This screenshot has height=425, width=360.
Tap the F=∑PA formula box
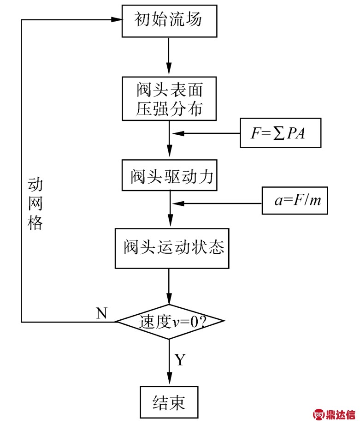coord(279,133)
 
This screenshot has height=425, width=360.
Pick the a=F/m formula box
coord(295,201)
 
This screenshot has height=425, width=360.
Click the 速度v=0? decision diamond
coord(170,322)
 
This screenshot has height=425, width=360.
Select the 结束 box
coord(169,402)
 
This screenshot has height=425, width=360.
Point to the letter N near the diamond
coord(102,313)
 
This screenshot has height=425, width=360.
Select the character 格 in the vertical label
coord(35,223)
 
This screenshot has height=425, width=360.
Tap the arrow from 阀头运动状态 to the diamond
coord(170,286)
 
